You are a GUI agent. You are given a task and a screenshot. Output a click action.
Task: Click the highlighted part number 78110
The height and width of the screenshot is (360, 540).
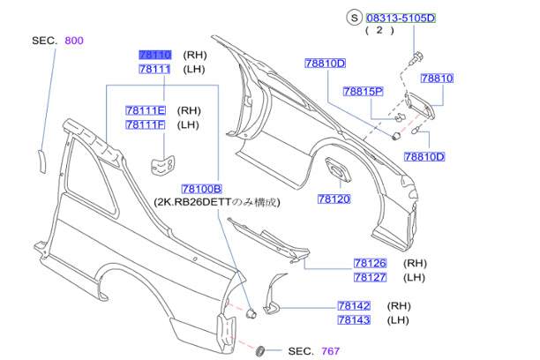click(x=155, y=55)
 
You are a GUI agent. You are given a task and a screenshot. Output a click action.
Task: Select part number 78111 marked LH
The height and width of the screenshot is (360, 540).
click(x=155, y=69)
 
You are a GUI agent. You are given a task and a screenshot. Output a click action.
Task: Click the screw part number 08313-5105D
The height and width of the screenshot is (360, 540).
click(x=401, y=17)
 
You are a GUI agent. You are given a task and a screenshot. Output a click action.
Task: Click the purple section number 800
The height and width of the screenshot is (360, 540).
click(x=76, y=41)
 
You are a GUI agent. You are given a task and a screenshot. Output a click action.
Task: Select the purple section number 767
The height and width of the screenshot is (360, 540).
click(x=329, y=350)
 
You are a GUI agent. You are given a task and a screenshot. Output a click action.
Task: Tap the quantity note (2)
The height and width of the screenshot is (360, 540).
click(x=378, y=30)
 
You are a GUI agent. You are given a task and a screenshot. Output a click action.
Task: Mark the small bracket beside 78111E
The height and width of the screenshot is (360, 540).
click(x=161, y=164)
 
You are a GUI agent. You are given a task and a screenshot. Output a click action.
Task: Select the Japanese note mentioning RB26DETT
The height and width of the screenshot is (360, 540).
click(x=216, y=203)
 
